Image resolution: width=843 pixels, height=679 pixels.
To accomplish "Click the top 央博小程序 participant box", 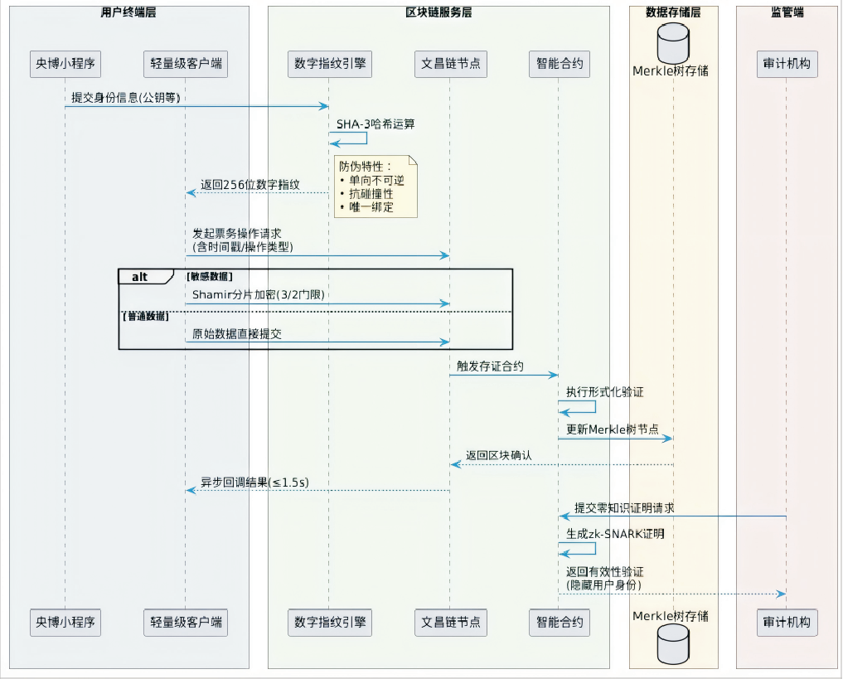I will click(x=65, y=64).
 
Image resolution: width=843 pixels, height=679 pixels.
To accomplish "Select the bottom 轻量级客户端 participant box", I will click(x=185, y=622).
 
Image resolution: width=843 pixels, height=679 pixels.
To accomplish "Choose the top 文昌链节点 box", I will click(x=449, y=64).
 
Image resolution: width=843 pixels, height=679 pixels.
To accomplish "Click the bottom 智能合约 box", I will click(x=558, y=622).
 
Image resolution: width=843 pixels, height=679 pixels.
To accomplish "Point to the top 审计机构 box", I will click(x=785, y=64).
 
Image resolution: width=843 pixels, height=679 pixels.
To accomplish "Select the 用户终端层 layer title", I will click(x=128, y=12).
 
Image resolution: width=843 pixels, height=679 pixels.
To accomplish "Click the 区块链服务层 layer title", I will click(x=438, y=12).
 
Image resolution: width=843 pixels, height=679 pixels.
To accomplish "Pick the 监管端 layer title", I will click(x=786, y=12).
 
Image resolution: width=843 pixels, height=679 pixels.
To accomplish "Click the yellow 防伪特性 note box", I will click(x=375, y=187).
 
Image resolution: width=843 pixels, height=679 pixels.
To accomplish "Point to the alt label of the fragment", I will click(x=140, y=277).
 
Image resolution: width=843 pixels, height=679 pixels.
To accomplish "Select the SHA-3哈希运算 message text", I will click(x=375, y=124).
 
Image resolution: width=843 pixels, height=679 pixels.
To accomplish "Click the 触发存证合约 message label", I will click(x=489, y=366).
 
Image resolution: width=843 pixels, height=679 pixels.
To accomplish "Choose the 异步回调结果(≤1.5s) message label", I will click(x=254, y=482).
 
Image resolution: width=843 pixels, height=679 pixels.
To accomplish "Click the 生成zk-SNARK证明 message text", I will click(x=615, y=534).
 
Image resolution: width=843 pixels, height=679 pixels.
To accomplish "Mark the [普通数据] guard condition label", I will click(x=146, y=317).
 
